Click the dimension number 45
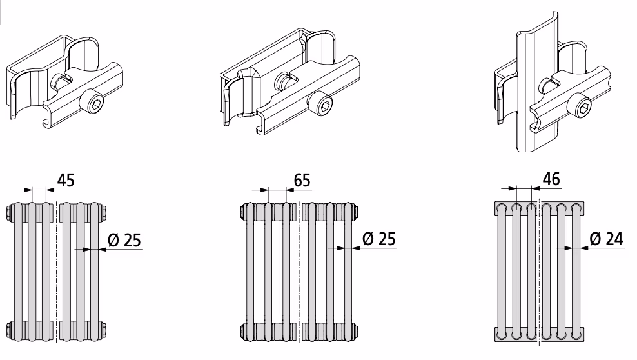66,180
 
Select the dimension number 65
302,180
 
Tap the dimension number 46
551,179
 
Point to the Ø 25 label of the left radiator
124,240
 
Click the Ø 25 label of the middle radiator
378,239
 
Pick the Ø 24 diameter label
606,239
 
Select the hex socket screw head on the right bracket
580,105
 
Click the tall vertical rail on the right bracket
537,81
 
